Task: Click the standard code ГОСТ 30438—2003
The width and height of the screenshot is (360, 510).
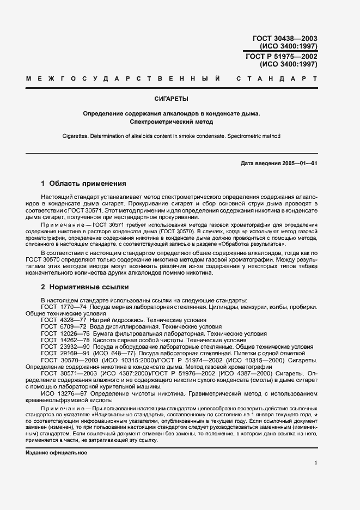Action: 285,38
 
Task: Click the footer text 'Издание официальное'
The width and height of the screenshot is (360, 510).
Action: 56,453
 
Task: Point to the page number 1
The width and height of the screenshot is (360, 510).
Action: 315,463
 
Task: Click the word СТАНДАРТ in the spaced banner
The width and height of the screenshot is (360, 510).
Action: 277,80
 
